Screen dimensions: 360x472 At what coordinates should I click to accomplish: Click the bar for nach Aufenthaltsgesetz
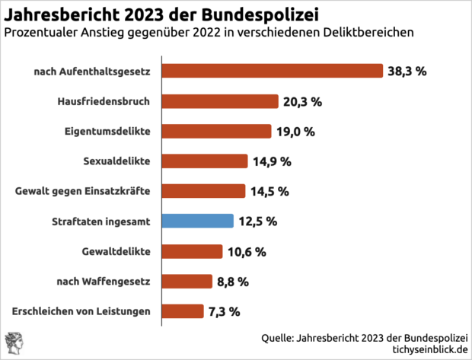click(x=273, y=71)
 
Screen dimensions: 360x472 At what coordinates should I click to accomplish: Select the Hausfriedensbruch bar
click(x=220, y=101)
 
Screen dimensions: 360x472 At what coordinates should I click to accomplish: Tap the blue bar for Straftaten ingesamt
click(x=198, y=221)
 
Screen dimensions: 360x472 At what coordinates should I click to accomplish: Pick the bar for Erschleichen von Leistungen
click(x=183, y=311)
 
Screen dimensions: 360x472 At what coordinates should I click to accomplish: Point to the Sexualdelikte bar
click(x=206, y=161)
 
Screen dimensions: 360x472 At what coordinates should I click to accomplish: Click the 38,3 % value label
click(x=407, y=72)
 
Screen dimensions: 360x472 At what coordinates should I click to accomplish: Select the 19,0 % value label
click(x=295, y=132)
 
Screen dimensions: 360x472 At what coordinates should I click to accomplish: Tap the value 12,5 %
click(x=257, y=221)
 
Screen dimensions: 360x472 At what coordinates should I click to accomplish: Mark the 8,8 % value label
click(x=233, y=282)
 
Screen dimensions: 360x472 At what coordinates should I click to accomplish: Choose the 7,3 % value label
click(x=224, y=311)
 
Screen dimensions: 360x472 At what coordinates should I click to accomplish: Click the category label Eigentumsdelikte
click(x=107, y=131)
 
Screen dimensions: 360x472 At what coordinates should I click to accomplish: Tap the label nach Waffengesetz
click(x=104, y=281)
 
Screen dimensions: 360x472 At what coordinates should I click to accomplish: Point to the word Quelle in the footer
click(x=278, y=336)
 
